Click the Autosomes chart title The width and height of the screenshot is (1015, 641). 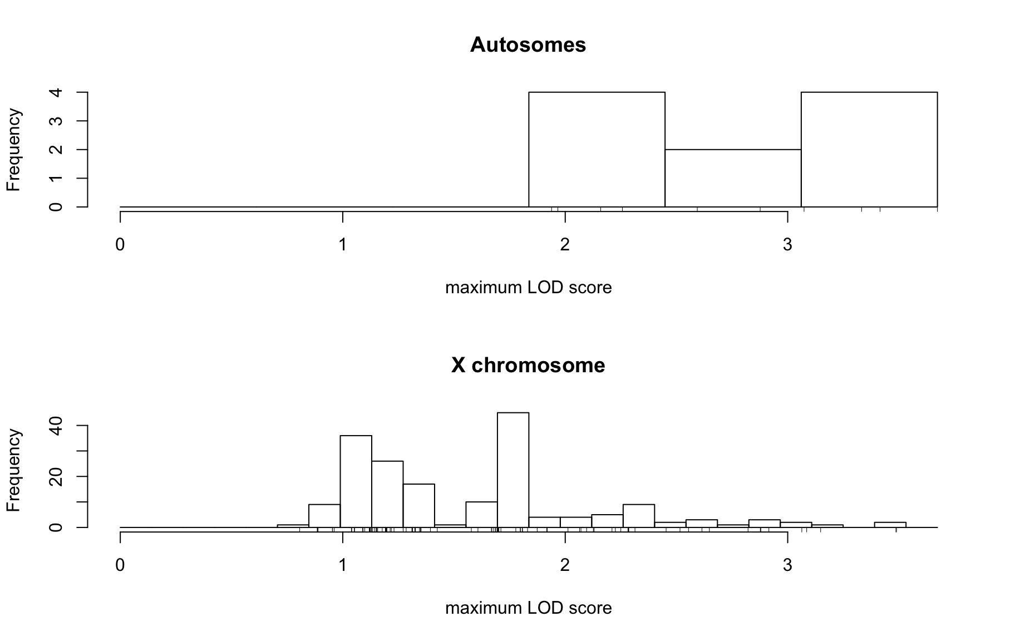click(528, 45)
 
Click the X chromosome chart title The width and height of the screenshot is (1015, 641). click(528, 366)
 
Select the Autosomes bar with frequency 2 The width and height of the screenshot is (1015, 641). click(733, 178)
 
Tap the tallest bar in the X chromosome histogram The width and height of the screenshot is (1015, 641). click(513, 470)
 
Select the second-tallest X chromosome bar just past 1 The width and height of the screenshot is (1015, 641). click(356, 481)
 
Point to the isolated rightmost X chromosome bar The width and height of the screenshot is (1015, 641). click(890, 525)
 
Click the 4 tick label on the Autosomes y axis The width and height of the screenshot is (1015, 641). click(56, 92)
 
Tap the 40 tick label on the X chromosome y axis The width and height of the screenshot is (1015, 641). click(56, 426)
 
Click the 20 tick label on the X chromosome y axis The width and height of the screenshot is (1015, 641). click(56, 476)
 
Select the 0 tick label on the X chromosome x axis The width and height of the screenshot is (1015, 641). click(120, 565)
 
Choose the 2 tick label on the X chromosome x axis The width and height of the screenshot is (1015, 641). click(565, 565)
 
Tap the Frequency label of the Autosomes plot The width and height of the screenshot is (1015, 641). click(13, 150)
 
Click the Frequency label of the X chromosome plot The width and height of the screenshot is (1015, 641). click(13, 470)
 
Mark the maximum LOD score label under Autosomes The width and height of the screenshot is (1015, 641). click(528, 288)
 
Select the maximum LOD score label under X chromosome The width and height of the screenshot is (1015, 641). click(528, 608)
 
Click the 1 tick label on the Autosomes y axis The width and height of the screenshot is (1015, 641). click(56, 178)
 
